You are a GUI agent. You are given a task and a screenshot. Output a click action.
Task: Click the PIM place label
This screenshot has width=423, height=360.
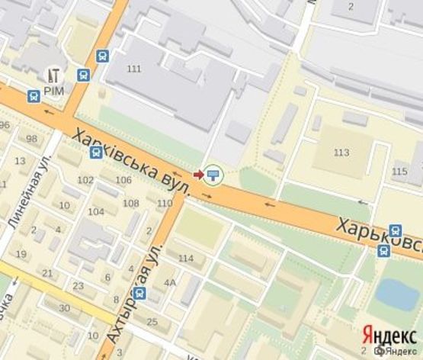[x=55, y=90]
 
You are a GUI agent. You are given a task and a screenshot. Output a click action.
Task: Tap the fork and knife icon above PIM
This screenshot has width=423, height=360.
[x=55, y=75]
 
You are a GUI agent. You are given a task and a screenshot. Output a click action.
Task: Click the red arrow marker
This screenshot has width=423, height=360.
[x=199, y=175]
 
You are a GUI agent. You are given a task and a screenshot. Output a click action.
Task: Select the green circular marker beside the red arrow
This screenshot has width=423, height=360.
[x=214, y=175]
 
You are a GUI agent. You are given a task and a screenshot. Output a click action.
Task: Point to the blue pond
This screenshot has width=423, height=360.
[x=397, y=294]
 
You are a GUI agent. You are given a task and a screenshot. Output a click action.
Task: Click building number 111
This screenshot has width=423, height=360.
[x=135, y=69]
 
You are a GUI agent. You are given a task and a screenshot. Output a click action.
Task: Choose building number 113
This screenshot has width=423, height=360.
[x=341, y=153]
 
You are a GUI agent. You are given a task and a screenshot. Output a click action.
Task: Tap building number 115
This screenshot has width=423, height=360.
[x=399, y=172]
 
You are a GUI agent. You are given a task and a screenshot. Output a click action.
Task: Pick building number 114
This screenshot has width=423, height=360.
[x=186, y=259]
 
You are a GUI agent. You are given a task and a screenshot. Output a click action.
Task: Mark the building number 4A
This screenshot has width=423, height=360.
[x=169, y=282]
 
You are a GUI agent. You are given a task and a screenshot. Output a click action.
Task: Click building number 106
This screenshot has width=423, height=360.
[x=123, y=180]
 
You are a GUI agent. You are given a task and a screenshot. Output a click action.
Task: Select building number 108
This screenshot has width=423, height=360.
[x=131, y=203]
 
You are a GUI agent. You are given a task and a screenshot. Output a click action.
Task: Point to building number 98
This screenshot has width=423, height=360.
[x=31, y=139]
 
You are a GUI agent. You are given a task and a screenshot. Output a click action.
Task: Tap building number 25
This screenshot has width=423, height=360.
[x=152, y=321]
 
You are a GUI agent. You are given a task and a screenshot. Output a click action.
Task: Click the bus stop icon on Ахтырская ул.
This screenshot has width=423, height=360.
[x=139, y=293]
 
